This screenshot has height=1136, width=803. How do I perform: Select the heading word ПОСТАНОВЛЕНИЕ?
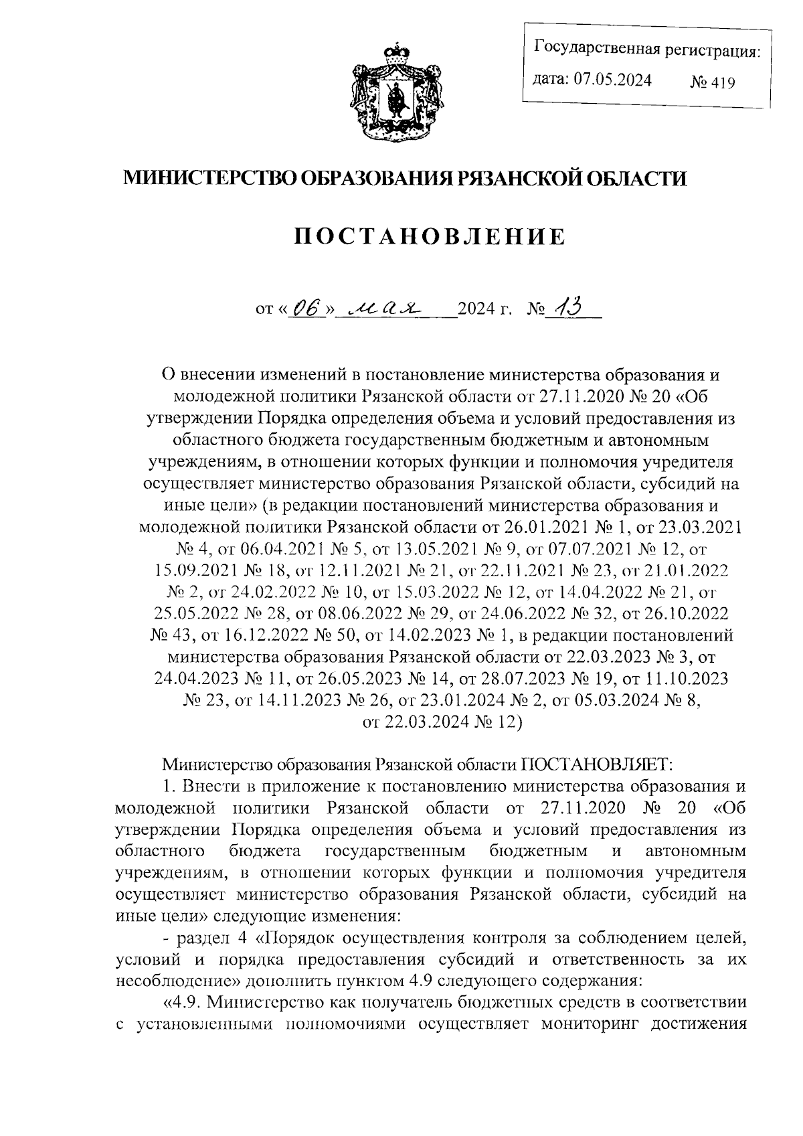pos(431,236)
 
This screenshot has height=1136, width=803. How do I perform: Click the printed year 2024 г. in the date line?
pos(484,311)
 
